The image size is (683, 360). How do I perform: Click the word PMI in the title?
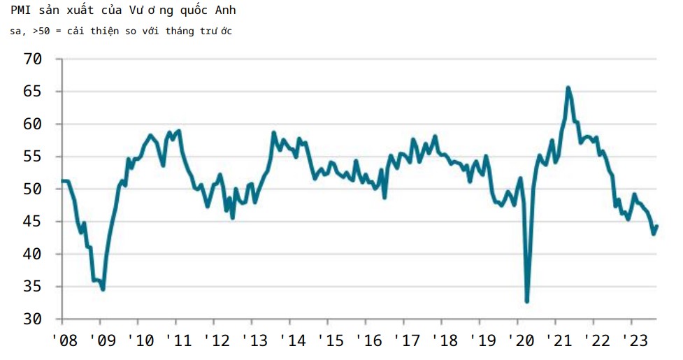[21, 10]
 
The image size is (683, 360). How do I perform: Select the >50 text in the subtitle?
[42, 31]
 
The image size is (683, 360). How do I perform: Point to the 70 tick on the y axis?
[33, 59]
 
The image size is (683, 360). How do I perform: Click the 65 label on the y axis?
[33, 92]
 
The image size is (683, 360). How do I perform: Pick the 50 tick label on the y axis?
[33, 189]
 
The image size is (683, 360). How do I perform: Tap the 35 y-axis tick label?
[33, 287]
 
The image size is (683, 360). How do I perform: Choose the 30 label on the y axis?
[33, 319]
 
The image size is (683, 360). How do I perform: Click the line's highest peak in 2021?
[568, 87]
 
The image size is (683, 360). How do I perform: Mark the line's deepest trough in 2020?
[526, 301]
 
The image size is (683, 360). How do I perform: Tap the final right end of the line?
[657, 226]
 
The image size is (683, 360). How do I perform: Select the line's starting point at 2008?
[63, 181]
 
